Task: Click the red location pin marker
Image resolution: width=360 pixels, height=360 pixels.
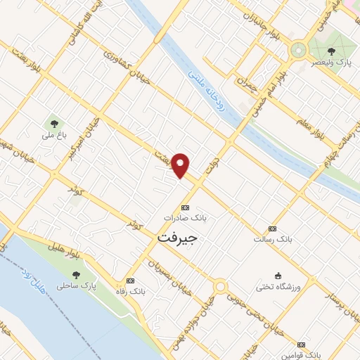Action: pyautogui.click(x=181, y=164)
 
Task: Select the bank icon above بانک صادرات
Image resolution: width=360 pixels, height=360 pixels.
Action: pyautogui.click(x=185, y=207)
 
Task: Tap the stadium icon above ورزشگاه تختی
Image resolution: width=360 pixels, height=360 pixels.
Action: pyautogui.click(x=279, y=275)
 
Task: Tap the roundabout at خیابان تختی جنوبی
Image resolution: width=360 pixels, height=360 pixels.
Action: pyautogui.click(x=220, y=287)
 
